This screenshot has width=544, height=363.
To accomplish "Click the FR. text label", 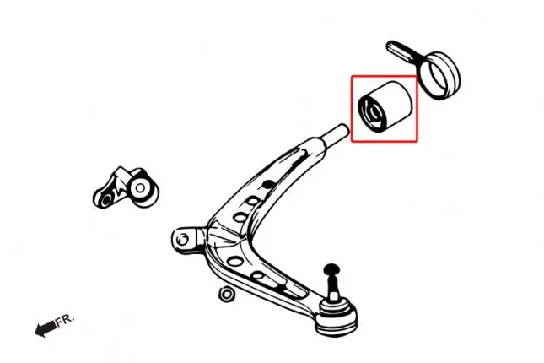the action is click(65, 320).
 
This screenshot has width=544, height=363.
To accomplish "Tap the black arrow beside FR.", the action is click(46, 328).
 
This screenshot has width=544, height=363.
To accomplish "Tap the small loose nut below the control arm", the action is click(226, 294).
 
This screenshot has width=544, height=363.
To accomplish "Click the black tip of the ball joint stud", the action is click(331, 269).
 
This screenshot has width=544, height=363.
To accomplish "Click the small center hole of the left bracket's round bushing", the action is click(140, 188).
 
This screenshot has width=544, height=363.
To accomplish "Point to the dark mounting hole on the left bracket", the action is click(107, 199).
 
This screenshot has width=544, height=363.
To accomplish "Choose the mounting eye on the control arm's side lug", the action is click(183, 239).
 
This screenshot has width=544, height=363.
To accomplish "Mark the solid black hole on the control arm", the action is click(267, 183).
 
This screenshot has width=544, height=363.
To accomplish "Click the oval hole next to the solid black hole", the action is click(252, 201).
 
